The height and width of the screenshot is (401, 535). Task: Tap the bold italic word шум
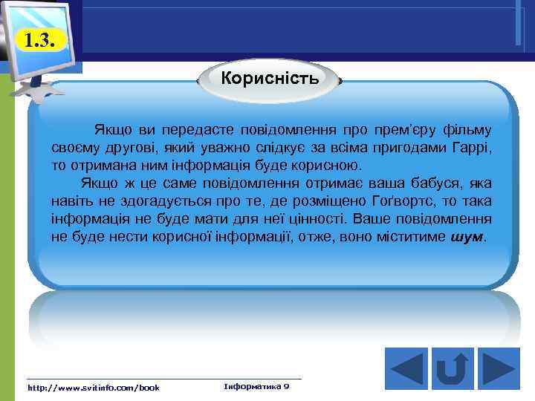(467, 237)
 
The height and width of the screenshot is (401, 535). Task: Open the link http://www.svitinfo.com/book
(93, 388)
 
